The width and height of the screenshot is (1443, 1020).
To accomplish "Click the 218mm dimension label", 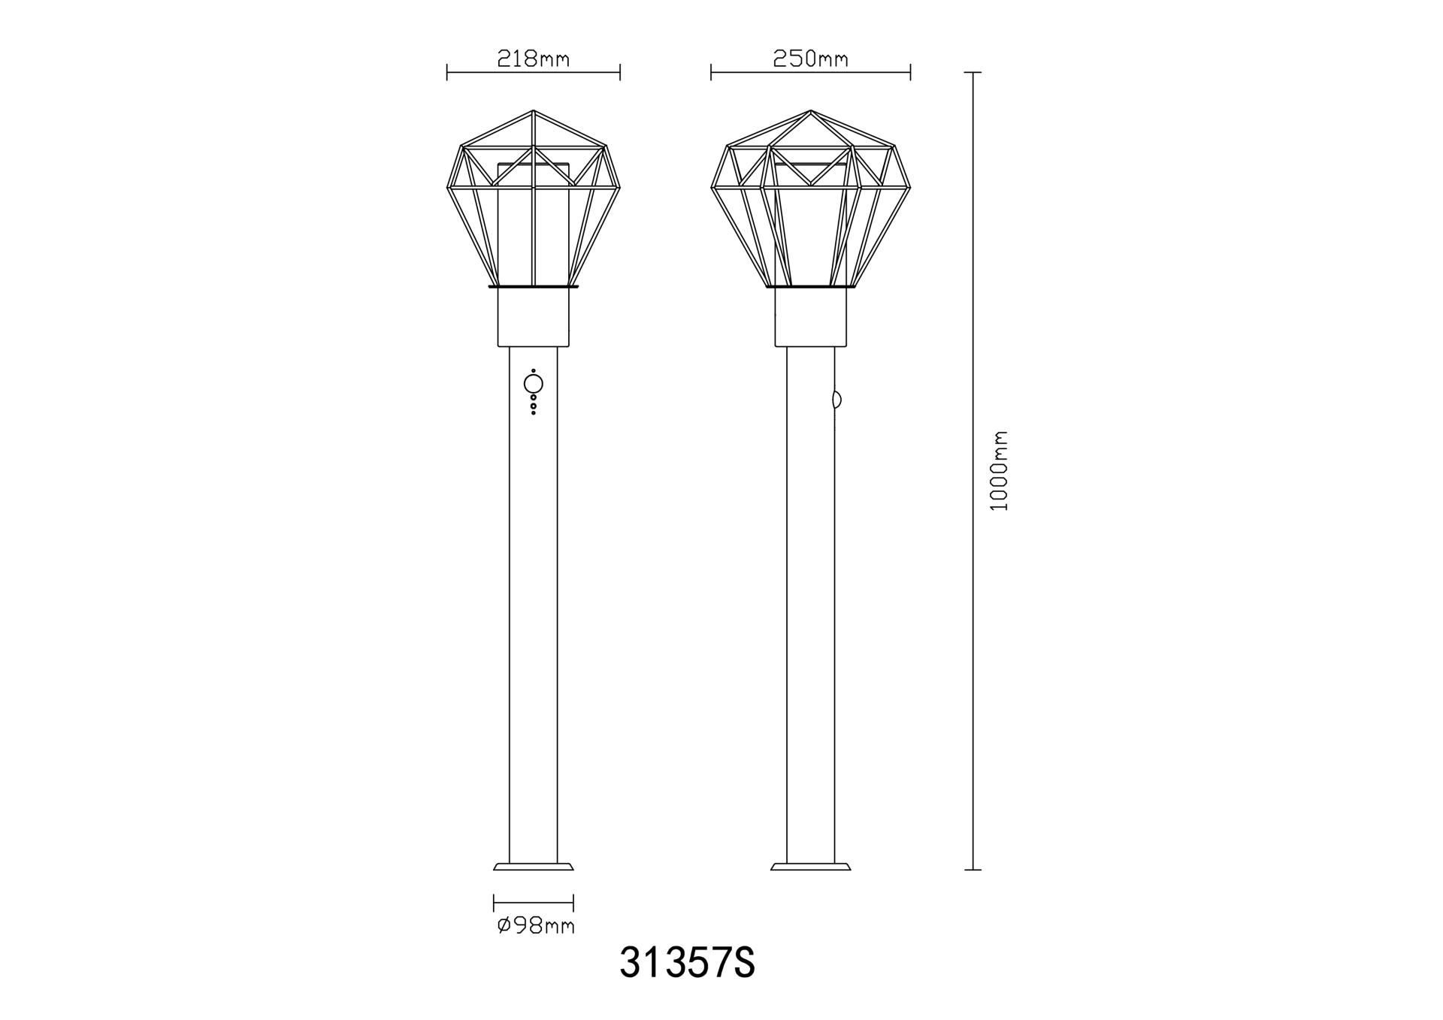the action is pos(534,59).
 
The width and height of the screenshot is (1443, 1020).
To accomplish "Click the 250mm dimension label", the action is pos(811,59).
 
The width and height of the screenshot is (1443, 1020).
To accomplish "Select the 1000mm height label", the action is pos(999,471).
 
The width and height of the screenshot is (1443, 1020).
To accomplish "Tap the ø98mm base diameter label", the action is pos(536,925).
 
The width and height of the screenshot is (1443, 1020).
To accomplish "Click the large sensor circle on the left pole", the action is pos(534,385).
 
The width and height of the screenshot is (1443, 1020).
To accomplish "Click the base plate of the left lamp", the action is pos(534,866).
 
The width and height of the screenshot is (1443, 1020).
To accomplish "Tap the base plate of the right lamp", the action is pos(811,866).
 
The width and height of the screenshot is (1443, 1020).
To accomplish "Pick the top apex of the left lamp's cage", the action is pos(534,110).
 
